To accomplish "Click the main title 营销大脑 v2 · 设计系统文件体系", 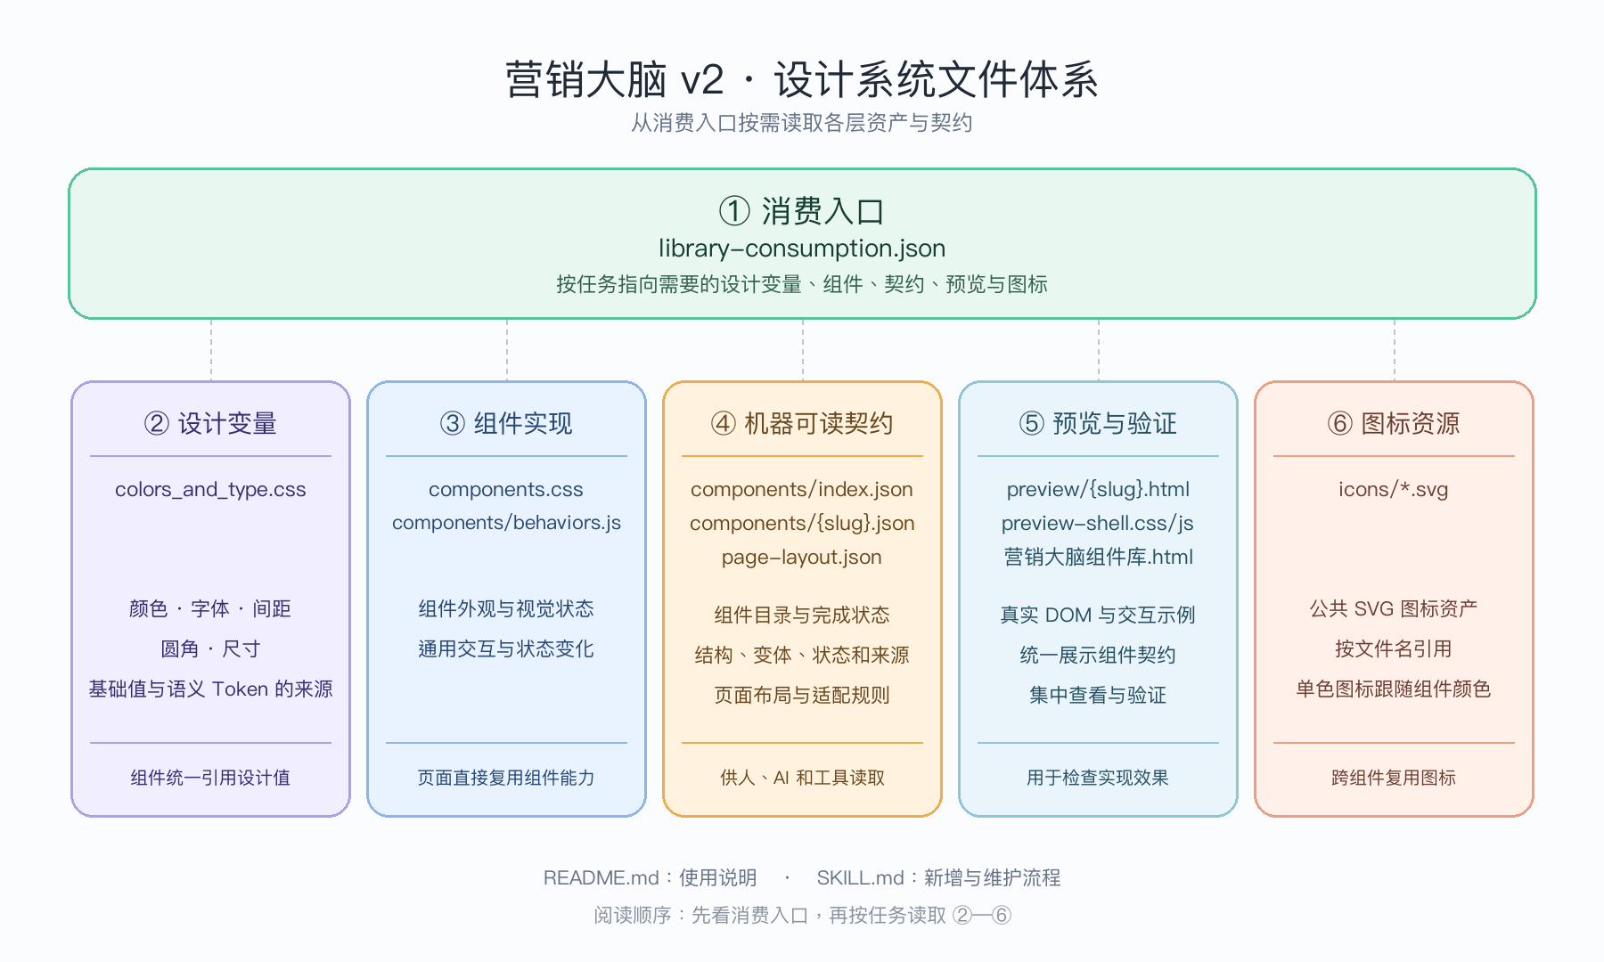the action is [802, 79].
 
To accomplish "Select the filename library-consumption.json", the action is [802, 249].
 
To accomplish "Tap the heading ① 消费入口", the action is [802, 211].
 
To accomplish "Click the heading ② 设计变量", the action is [210, 423].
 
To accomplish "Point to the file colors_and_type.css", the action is [210, 490].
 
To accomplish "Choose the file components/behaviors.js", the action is [506, 523].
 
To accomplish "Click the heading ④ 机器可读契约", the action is [802, 423].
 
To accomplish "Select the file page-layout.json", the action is [802, 558].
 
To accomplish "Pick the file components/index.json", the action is [802, 490].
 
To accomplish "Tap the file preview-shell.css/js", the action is [1098, 524].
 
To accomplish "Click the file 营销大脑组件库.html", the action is [1098, 558].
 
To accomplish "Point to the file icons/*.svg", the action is [1394, 490].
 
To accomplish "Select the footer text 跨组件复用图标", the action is [1394, 778].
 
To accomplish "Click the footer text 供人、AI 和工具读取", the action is [802, 778].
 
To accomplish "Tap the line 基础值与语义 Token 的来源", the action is [210, 689].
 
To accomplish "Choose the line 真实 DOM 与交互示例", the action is [1098, 615].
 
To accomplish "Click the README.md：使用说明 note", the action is [650, 878].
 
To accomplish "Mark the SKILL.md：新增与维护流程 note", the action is [938, 878].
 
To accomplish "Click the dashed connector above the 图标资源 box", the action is [1394, 350].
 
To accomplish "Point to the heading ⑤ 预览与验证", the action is [1098, 423].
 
